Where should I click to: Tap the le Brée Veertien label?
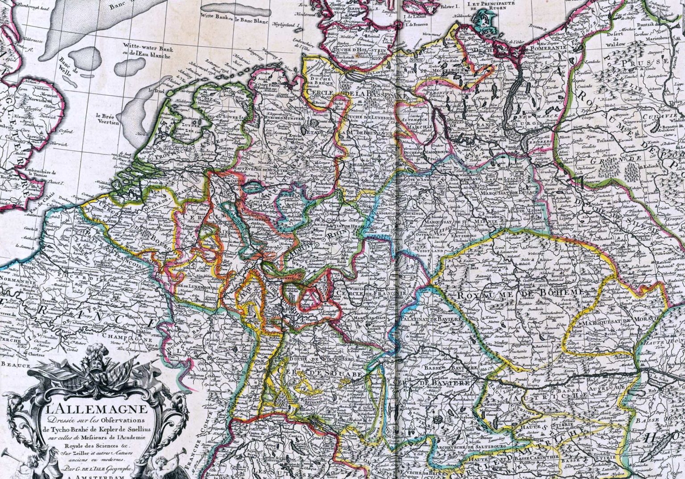(x=107, y=119)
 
